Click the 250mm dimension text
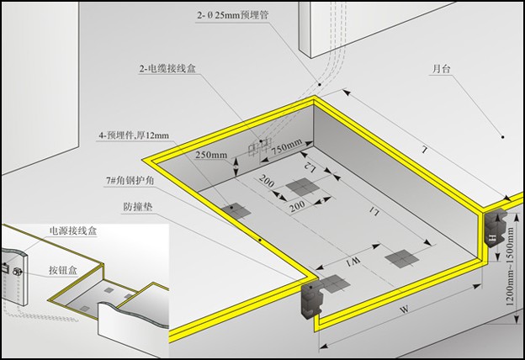pyautogui.click(x=210, y=155)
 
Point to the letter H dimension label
pyautogui.click(x=491, y=241)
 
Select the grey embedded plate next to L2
pyautogui.click(x=298, y=186)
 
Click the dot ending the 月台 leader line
pyautogui.click(x=501, y=135)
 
